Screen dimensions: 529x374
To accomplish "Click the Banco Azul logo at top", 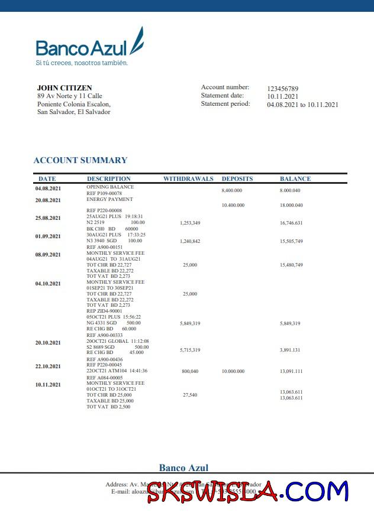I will tap(89, 44).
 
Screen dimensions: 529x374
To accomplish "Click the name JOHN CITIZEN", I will tap(65, 88).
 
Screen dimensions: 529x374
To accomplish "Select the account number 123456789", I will tap(282, 88).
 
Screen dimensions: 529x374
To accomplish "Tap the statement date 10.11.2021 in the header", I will tap(282, 96).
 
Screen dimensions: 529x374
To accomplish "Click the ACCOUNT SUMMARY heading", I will tap(80, 160).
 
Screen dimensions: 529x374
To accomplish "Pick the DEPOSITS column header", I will tap(237, 179).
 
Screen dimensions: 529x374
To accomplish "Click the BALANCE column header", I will tap(295, 179).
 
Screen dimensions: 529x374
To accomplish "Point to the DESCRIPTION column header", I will tap(109, 179).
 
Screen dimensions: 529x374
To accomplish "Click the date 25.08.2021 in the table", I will tap(48, 218).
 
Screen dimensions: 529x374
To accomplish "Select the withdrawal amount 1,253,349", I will tap(190, 223).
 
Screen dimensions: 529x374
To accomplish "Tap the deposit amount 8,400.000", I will tap(232, 191).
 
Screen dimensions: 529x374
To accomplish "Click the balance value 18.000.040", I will tap(291, 205).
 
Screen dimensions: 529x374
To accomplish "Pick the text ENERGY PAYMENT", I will tap(109, 199).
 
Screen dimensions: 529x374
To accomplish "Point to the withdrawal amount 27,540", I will tap(190, 394).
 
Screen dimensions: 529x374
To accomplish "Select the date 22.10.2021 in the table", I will tap(48, 366).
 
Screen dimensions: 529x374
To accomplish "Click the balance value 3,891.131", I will tap(291, 350).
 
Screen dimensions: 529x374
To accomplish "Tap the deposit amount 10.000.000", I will tap(232, 371).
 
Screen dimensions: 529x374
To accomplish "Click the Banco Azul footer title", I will tap(183, 468).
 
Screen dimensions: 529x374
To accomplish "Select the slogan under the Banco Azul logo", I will tap(82, 63).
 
